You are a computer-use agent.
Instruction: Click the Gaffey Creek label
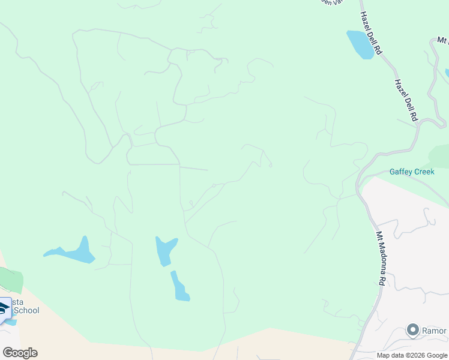tap(412, 172)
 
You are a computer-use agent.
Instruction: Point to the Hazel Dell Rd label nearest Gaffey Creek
tap(406, 100)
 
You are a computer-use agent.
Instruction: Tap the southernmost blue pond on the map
tap(179, 287)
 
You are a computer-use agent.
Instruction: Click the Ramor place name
tap(435, 331)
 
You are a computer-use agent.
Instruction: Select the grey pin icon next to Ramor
tap(412, 330)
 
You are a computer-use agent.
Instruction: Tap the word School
tap(26, 310)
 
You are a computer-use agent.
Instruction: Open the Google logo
tap(20, 352)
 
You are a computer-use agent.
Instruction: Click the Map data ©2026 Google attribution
tap(412, 355)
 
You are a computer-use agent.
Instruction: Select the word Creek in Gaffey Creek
tap(423, 172)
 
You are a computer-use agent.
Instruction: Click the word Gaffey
tap(400, 172)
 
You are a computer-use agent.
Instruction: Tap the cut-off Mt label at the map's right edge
tap(443, 40)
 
